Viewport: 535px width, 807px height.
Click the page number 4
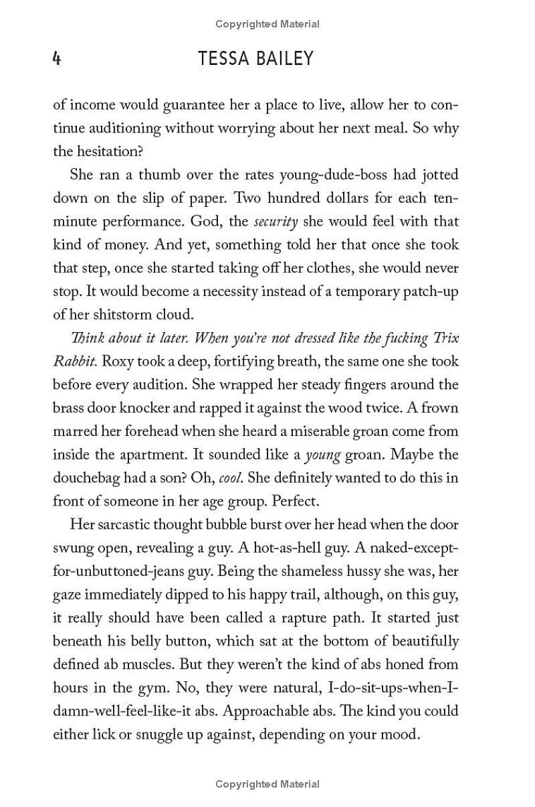coord(57,59)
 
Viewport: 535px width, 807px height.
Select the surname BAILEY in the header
coord(286,59)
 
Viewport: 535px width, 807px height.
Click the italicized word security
coord(276,222)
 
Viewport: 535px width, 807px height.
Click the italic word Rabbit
coord(75,362)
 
